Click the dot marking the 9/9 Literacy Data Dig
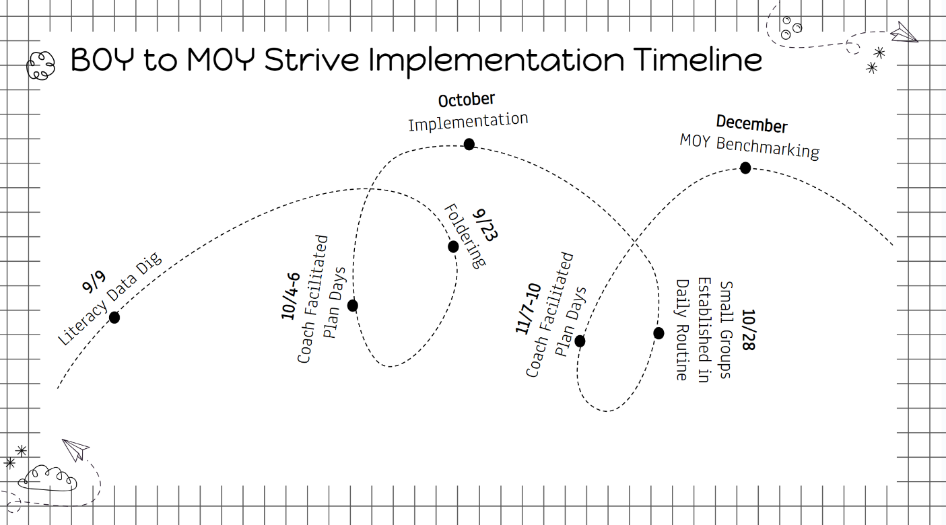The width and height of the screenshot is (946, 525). [x=114, y=318]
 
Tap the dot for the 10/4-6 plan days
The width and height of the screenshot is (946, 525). [x=352, y=306]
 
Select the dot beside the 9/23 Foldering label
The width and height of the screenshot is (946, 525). [x=453, y=246]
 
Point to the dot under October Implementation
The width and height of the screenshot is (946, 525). [x=469, y=144]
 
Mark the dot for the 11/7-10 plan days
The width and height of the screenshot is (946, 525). [x=580, y=341]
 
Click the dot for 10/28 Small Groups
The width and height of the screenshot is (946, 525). [x=658, y=333]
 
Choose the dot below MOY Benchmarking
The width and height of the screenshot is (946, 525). [x=745, y=168]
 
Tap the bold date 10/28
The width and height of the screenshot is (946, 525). [x=748, y=330]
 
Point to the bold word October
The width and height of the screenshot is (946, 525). [x=467, y=100]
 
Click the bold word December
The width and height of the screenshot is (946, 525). [x=751, y=125]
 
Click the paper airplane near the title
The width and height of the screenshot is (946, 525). [x=904, y=32]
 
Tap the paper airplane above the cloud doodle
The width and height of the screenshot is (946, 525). [x=75, y=449]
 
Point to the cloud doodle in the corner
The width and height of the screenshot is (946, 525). [x=47, y=477]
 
